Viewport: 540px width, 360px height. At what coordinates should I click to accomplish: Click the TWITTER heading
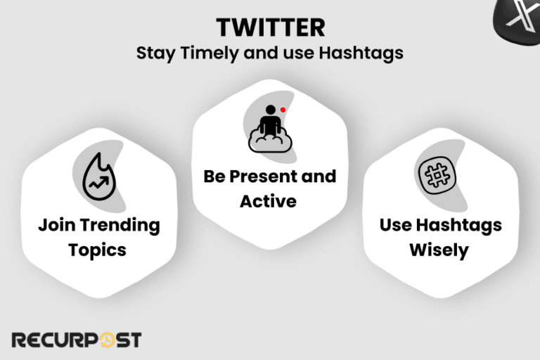click(270, 27)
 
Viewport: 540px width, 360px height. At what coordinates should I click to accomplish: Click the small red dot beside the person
click(282, 110)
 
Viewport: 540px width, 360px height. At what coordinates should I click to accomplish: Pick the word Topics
click(98, 250)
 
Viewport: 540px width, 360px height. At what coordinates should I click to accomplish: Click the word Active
click(268, 201)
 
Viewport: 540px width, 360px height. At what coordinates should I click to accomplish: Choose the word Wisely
click(439, 250)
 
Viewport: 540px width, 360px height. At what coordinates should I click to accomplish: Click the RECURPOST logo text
click(75, 340)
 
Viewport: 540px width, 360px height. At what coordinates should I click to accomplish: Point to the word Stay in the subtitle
click(153, 53)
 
